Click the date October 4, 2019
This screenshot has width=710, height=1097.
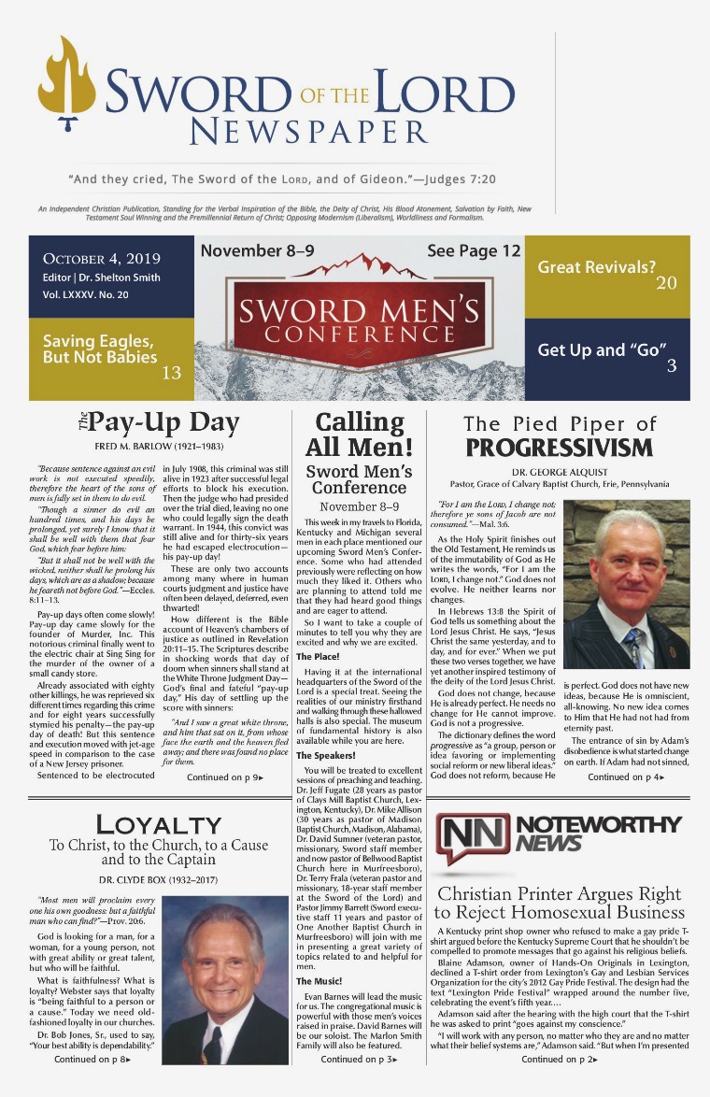(102, 259)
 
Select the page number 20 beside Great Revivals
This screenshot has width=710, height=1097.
(666, 282)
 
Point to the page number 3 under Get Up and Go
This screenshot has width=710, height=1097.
(671, 366)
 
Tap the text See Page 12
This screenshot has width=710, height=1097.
(474, 251)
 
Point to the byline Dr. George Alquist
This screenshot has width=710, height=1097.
(559, 471)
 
